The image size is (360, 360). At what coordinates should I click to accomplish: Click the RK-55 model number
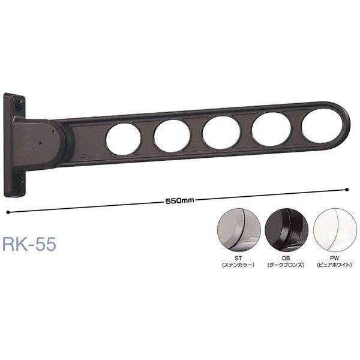(29, 245)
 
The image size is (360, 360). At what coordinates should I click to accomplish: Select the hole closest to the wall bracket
(124, 140)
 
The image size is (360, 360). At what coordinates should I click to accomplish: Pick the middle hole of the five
(222, 132)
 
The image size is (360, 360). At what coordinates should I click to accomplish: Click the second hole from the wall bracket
(172, 136)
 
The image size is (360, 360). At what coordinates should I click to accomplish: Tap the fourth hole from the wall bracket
(271, 128)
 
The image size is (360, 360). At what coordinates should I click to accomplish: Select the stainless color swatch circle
(237, 231)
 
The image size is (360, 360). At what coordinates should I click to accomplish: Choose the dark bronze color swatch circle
(287, 231)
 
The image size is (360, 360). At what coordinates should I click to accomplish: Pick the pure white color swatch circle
(337, 231)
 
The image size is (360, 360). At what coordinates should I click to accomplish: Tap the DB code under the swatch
(287, 259)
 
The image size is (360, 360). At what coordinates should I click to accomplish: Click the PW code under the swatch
(337, 259)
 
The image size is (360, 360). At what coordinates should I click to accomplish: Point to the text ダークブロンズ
(287, 265)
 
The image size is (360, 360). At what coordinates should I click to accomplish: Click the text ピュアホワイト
(337, 265)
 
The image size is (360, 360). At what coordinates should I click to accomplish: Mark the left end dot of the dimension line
(7, 211)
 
